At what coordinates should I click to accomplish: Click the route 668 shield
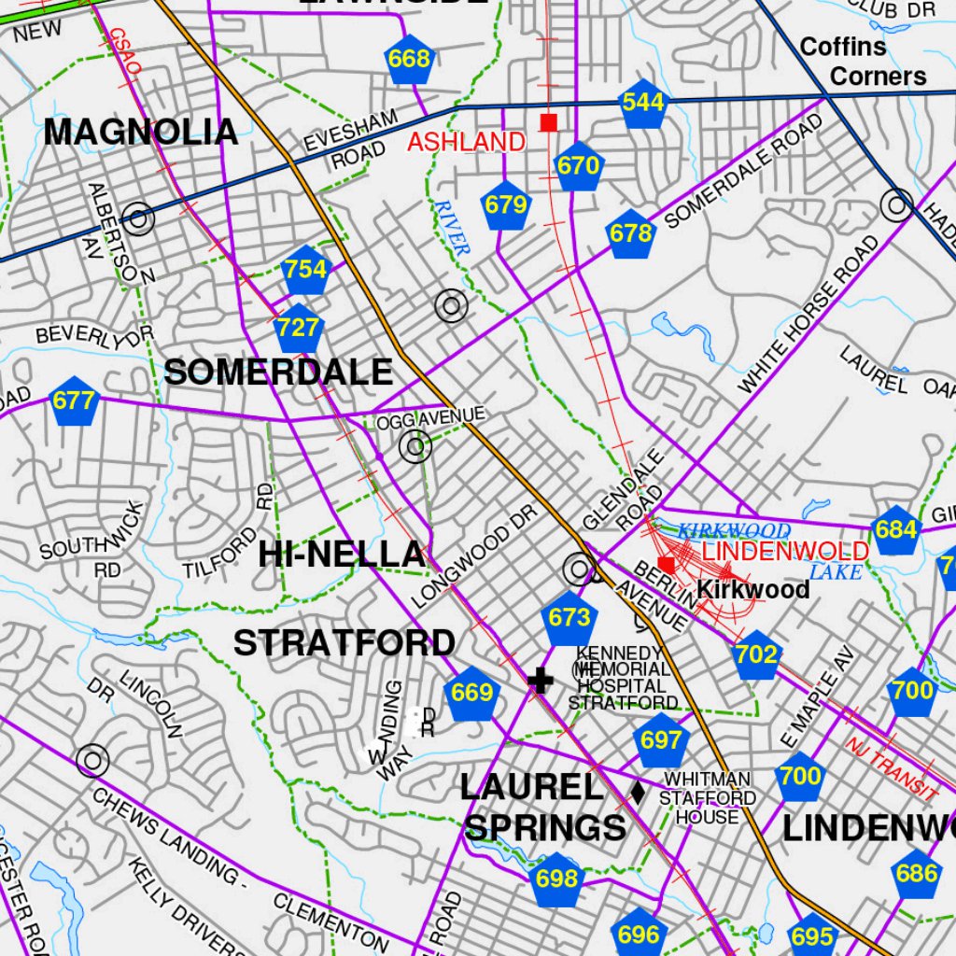(409, 60)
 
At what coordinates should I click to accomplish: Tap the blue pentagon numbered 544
(642, 103)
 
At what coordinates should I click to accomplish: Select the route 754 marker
(306, 270)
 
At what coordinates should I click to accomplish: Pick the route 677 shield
(74, 401)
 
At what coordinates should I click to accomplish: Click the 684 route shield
(895, 530)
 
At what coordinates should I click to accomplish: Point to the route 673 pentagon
(569, 618)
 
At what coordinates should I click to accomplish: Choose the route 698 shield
(557, 879)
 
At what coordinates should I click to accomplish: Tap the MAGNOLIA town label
(140, 132)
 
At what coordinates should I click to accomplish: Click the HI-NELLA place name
(341, 554)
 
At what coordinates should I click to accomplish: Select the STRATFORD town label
(344, 643)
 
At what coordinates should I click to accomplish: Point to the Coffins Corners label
(864, 62)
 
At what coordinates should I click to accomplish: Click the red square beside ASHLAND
(548, 122)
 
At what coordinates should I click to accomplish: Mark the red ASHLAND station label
(466, 142)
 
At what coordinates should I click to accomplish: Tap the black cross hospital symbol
(540, 681)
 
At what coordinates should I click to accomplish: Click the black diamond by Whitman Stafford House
(638, 793)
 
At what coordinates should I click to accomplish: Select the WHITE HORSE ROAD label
(808, 314)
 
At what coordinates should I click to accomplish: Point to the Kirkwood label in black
(752, 590)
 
